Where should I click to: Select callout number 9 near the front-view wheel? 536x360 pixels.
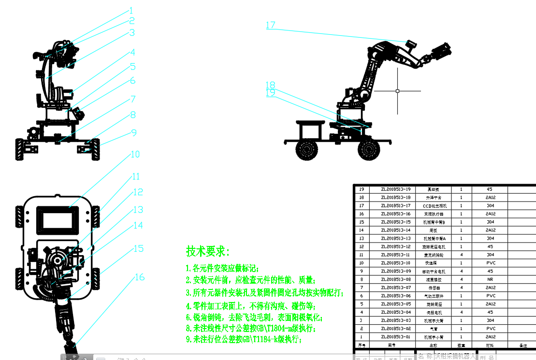[134, 132]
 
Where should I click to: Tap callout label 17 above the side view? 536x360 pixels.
[271, 25]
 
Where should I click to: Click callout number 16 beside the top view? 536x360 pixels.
[139, 277]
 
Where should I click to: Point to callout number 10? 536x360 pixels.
[135, 154]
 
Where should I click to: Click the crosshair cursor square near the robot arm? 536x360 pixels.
[397, 91]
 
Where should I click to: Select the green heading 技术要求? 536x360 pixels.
[208, 252]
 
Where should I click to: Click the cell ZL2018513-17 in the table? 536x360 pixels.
[395, 206]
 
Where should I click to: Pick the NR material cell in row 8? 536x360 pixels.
[490, 279]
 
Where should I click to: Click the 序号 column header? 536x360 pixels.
[361, 346]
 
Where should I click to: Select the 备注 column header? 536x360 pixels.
[522, 346]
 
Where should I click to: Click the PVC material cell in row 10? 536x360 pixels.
[490, 263]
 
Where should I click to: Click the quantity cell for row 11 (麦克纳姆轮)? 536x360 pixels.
[461, 255]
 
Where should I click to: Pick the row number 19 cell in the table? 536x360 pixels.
[361, 189]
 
